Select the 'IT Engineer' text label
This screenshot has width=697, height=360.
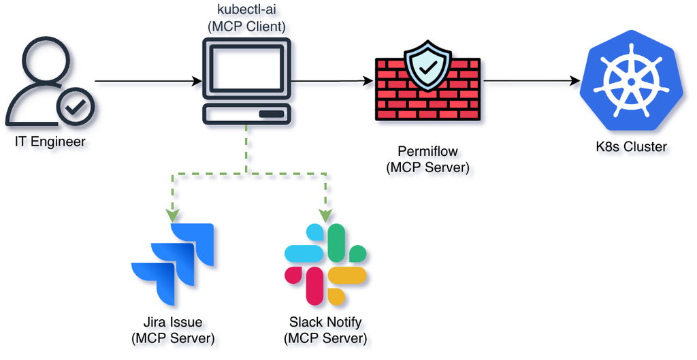pos(50,142)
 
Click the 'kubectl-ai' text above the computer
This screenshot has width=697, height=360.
pos(246,12)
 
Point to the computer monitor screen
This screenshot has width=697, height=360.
pos(246,67)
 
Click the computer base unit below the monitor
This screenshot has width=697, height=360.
pos(246,114)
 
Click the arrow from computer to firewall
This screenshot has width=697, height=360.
pos(332,82)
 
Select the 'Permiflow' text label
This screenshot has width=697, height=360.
pos(427,151)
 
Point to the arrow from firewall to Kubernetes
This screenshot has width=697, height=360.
pos(531,82)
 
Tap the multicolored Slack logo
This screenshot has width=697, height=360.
pos(325,265)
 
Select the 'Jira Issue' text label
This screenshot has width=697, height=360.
pos(173,322)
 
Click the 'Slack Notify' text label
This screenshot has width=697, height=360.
pos(325,322)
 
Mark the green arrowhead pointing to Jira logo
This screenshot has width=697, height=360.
pos(173,216)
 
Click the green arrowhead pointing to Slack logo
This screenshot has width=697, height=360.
pos(325,216)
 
